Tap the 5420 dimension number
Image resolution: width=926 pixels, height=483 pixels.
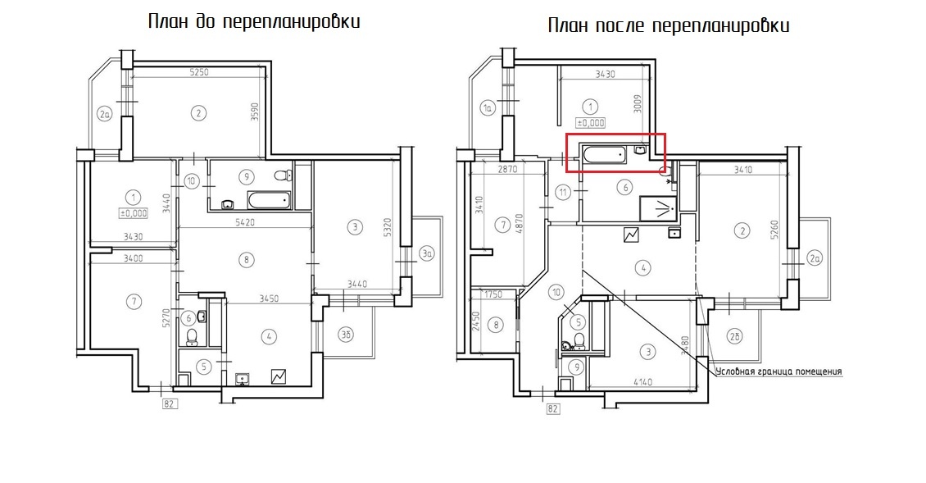247,222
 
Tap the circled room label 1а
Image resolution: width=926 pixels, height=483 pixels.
487,107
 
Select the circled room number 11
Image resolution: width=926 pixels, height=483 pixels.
562,193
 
